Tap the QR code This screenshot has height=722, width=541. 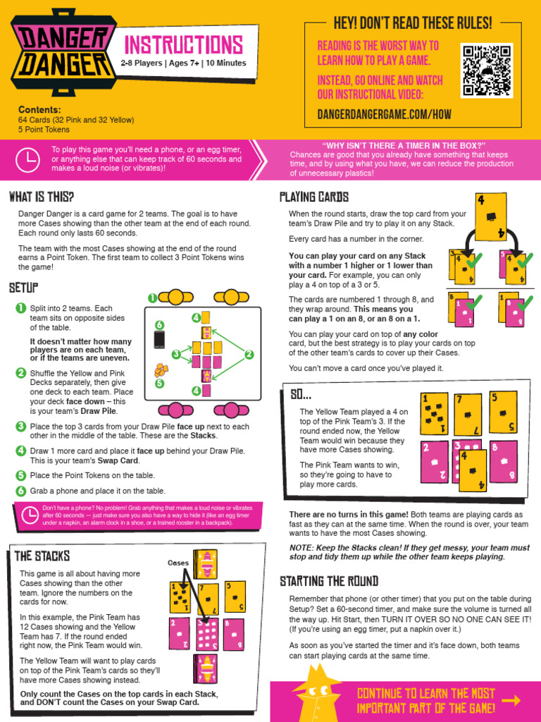pos(487,71)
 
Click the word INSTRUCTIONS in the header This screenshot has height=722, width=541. pos(183,45)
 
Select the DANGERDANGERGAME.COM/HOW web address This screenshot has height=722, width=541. pos(384,114)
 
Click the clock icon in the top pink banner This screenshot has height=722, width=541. pos(27,160)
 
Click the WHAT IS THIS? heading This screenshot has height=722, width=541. pos(42,196)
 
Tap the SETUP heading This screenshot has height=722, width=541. pos(23,288)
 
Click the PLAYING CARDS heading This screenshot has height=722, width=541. pos(313,197)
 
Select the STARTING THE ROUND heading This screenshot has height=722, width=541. pos(328,581)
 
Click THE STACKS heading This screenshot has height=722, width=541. pos(42,556)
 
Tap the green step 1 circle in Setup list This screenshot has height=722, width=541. pos(20,308)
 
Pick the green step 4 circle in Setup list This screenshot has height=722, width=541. pos(20,450)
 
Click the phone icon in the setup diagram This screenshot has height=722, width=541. pos(160,339)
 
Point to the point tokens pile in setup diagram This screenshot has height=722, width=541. pos(161,370)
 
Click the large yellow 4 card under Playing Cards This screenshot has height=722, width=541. pos(490,216)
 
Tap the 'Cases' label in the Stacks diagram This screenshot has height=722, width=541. pos(178,563)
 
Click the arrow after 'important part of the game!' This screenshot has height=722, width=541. pos(511,700)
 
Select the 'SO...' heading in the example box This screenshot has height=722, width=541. pos(301,395)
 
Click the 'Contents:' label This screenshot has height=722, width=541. pos(39,110)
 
